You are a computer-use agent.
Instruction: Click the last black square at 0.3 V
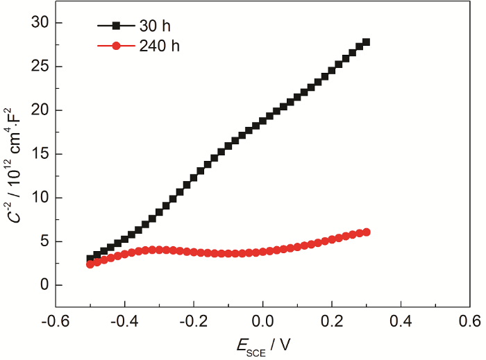point(367,42)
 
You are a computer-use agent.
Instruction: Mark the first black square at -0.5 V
point(90,259)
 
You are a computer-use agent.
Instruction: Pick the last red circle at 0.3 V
point(367,232)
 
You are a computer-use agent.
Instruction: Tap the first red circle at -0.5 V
point(90,264)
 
